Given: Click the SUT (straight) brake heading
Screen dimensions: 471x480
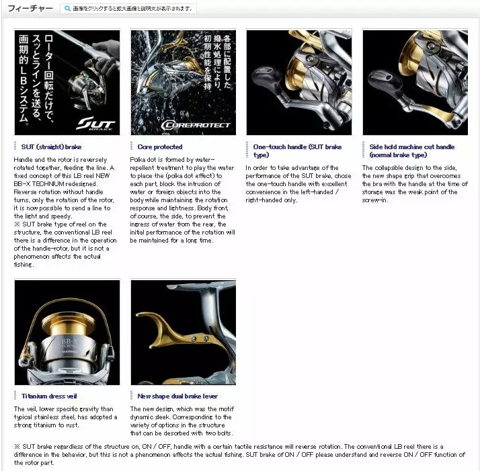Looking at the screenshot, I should click(51, 146).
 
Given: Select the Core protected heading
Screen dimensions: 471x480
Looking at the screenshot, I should click(160, 146).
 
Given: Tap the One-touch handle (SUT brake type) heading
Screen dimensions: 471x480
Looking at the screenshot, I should click(297, 151).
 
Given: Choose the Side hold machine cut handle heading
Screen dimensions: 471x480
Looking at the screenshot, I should click(411, 151).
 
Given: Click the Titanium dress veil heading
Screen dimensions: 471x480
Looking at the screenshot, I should click(49, 396).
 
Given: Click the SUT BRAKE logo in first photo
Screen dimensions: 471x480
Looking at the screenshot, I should click(96, 124).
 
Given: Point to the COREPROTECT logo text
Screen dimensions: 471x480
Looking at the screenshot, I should click(196, 125).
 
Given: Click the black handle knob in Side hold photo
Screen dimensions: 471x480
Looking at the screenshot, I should click(382, 81).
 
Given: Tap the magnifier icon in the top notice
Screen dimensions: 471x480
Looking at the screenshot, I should click(68, 9).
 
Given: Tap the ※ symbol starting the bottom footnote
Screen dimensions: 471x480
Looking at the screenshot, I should click(17, 446).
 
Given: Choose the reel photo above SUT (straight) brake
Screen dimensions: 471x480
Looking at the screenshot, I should click(67, 82).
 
